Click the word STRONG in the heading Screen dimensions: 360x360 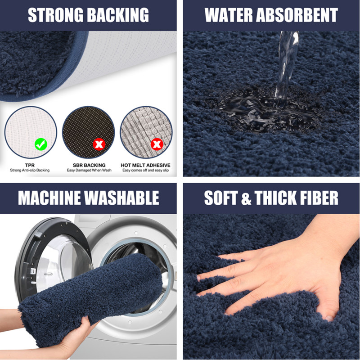coord(55,15)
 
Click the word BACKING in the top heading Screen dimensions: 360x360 coord(118,15)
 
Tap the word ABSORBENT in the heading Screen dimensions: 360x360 coord(297,15)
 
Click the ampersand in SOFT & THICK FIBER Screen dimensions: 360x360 coord(246,198)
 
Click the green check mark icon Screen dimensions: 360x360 coord(41,144)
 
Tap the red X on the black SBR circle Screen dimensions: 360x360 coord(99,144)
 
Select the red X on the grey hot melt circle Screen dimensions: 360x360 coord(157,144)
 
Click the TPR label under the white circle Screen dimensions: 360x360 coord(30,165)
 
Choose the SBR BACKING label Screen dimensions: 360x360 coord(89,165)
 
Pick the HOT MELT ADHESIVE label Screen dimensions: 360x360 coord(145,165)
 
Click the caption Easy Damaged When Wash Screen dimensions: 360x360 coord(89,171)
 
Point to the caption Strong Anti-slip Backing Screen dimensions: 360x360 coord(30,171)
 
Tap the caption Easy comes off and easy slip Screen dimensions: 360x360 coord(145,171)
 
